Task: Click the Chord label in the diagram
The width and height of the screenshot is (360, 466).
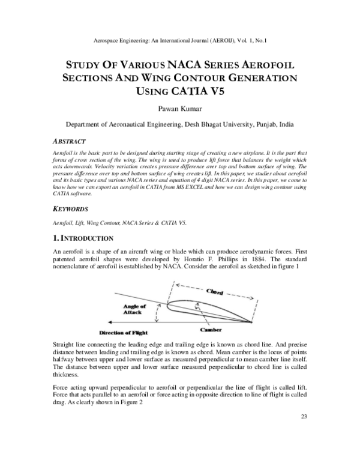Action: click(x=215, y=292)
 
